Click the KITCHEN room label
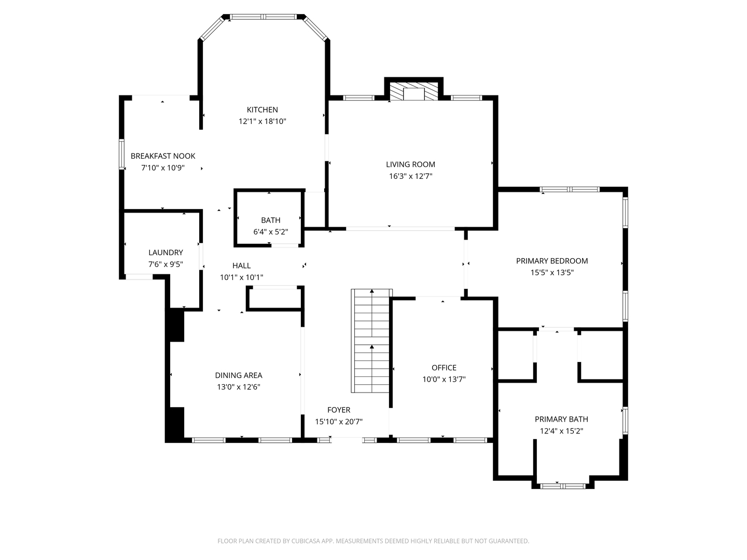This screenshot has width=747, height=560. point(262,109)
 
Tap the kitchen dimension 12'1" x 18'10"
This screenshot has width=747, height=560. point(262,121)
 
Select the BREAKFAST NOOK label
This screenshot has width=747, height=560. point(163,156)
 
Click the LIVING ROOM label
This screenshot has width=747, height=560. point(410,164)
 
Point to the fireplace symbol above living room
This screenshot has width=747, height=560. point(413,92)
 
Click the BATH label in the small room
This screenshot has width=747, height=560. point(270,220)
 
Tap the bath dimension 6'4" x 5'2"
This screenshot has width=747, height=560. point(270,232)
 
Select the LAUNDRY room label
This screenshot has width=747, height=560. point(165,253)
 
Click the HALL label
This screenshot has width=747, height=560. point(241,265)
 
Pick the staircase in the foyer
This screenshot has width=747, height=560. point(371,341)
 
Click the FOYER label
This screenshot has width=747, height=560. point(338,410)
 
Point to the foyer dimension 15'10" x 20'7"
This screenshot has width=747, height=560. point(338,422)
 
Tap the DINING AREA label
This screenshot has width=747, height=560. point(239,375)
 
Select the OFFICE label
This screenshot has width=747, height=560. point(444,368)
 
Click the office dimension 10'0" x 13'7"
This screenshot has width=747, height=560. point(444,379)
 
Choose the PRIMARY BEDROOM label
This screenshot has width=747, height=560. point(551,261)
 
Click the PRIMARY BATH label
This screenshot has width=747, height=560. point(561,419)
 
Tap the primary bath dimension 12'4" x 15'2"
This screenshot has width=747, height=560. point(561,431)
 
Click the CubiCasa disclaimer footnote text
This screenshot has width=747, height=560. point(373,541)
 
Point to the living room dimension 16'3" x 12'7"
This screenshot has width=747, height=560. point(410,176)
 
